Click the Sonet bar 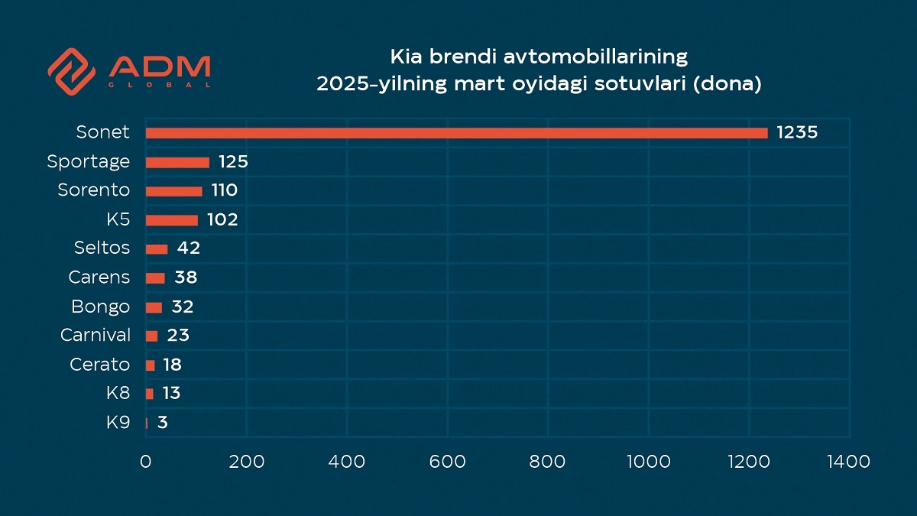coord(456,133)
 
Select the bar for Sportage coord(177,162)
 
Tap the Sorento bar coord(173,191)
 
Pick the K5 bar coord(171,220)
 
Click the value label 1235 coord(797,133)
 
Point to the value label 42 coord(188,248)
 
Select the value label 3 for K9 coord(163,423)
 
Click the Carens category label coord(99,277)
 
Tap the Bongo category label coord(101,307)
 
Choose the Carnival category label coord(96,336)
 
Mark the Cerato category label coord(100,365)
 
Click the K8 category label coord(118,394)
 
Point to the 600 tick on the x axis coord(447,462)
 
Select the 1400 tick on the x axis coord(849,462)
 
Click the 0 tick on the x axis coord(145,462)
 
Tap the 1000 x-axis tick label coord(648,462)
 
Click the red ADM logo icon coord(71,70)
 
